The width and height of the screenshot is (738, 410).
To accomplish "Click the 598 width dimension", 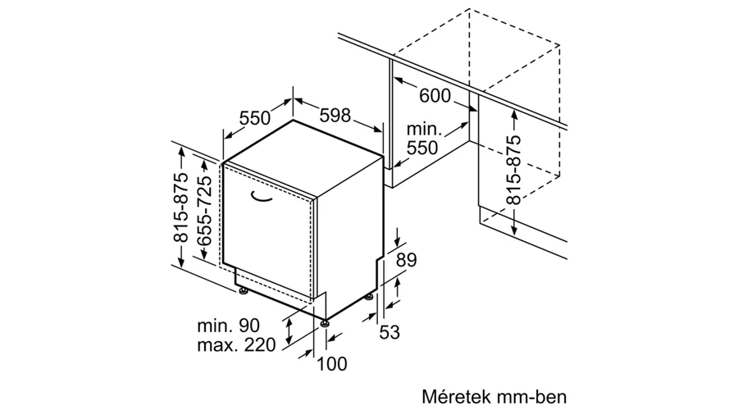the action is [x=335, y=116].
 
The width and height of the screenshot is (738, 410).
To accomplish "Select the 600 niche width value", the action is [x=435, y=96].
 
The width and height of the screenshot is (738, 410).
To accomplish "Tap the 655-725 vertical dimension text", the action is [x=204, y=212].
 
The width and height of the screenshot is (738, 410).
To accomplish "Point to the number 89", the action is [x=406, y=260].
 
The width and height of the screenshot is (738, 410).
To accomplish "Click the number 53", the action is [x=389, y=332].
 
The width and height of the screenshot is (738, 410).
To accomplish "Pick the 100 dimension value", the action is [x=332, y=363].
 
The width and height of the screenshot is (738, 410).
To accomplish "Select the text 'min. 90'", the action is [x=228, y=326].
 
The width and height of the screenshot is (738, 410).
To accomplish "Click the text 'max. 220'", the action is [x=236, y=345].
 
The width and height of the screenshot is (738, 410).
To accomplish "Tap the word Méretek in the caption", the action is [x=453, y=396].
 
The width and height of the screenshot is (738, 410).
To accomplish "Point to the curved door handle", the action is [x=261, y=197].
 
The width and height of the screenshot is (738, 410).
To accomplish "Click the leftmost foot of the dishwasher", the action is [x=244, y=291].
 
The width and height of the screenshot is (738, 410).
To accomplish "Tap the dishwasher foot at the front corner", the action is [x=325, y=323].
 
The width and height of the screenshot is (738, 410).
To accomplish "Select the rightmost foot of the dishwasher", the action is [x=371, y=297].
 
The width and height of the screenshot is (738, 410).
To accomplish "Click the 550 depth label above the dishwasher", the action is [x=255, y=118].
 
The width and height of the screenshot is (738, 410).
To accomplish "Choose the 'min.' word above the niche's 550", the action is [x=424, y=129].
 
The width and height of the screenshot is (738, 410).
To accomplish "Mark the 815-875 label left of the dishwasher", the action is [x=181, y=207].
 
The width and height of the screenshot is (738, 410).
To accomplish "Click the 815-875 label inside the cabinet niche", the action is [x=513, y=170].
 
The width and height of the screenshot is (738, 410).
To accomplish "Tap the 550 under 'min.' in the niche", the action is [x=422, y=148].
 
